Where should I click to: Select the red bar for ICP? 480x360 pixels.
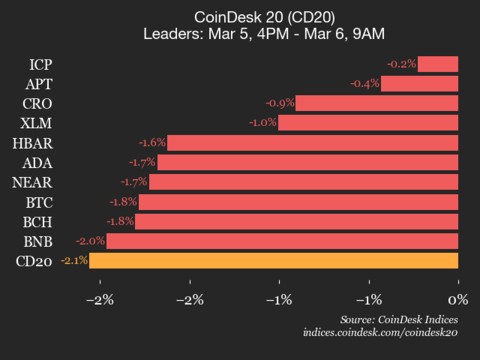click(438, 64)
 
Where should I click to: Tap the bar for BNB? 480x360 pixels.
click(282, 241)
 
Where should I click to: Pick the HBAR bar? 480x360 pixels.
click(312, 143)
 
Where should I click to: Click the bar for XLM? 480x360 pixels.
click(368, 123)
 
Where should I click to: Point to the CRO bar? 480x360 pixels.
click(377, 103)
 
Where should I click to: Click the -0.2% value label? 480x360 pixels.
click(402, 64)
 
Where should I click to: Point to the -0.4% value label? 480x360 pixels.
click(365, 84)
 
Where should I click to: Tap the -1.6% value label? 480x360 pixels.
click(152, 143)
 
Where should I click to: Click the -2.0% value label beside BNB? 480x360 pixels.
click(90, 241)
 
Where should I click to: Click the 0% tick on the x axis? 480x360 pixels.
click(458, 299)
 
